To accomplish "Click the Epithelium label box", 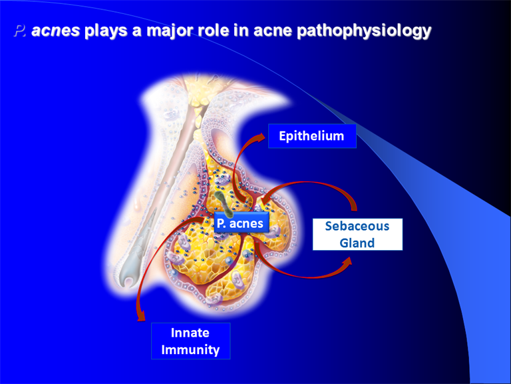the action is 312,136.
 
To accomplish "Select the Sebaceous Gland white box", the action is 357,235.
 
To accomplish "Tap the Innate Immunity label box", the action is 191,341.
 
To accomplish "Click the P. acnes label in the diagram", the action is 242,223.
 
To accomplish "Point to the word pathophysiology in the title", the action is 364,31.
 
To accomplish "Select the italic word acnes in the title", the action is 55,31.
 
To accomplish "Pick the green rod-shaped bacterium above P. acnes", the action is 225,204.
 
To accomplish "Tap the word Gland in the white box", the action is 357,243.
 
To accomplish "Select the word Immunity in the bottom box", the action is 191,350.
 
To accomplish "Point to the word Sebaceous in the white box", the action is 357,226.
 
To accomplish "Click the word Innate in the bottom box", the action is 190,333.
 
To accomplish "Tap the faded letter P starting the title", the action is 19,31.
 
